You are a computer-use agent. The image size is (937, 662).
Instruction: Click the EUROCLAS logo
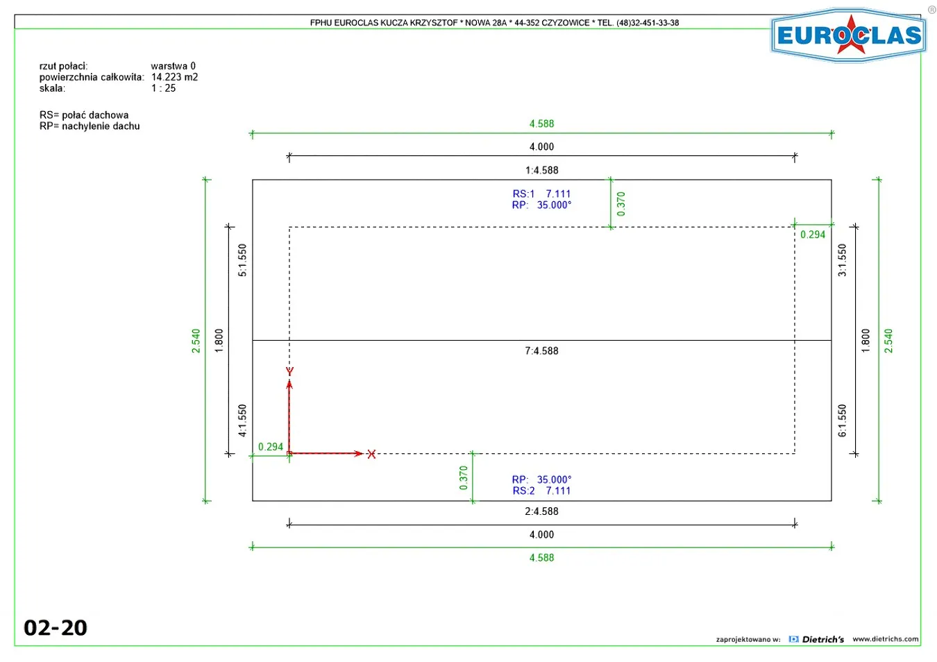849,35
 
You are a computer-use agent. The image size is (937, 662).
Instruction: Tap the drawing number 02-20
56,628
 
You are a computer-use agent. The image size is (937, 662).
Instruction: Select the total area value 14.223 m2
174,77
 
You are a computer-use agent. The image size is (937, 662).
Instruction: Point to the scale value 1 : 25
164,88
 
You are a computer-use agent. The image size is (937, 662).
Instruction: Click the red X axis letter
371,454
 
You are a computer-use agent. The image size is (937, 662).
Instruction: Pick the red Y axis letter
289,371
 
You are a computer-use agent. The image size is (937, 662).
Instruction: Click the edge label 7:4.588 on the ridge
541,351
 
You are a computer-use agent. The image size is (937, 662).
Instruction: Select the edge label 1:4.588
541,170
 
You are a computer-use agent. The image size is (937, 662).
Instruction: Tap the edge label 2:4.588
541,511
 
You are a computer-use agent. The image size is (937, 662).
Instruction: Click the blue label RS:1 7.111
541,194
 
